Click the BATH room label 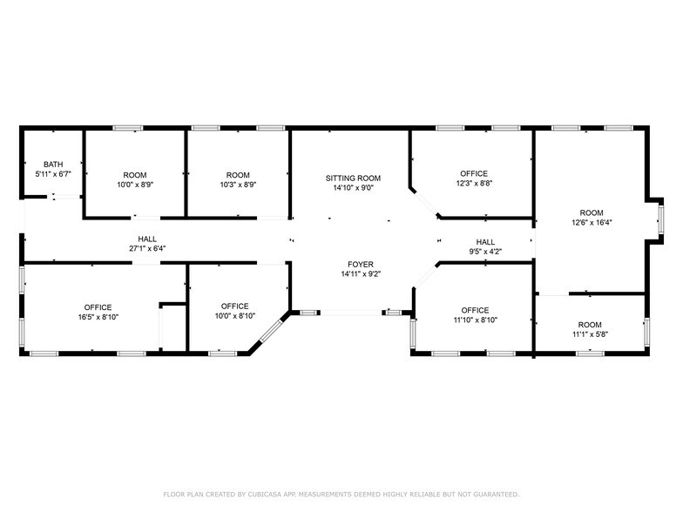point(54,164)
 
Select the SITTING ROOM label point(354,178)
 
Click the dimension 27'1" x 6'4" point(146,249)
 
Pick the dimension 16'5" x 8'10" point(98,318)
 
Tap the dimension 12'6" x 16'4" point(592,223)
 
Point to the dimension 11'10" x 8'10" point(475,320)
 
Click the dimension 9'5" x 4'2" point(485,253)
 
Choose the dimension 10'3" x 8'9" point(238,185)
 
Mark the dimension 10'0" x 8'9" point(135,185)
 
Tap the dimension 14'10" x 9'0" point(354,188)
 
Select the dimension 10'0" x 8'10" point(234,317)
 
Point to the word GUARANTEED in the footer point(490,494)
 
